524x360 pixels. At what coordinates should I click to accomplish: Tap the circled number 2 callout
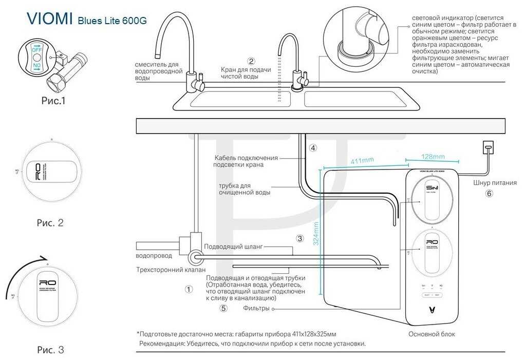click(x=251, y=61)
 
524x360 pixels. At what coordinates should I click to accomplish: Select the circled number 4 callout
click(x=313, y=148)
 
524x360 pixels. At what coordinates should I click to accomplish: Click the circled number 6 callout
click(x=489, y=194)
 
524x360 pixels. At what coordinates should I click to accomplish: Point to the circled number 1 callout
click(x=189, y=289)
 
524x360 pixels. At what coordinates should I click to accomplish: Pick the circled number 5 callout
click(x=223, y=309)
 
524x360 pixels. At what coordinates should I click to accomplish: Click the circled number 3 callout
click(x=300, y=238)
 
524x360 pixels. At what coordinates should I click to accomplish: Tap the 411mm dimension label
click(x=362, y=161)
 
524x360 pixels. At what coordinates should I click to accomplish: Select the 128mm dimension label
click(x=433, y=157)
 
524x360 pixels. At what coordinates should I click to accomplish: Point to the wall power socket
click(x=489, y=148)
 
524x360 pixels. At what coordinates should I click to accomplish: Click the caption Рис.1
click(x=53, y=101)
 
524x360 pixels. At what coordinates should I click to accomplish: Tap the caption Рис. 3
click(x=50, y=350)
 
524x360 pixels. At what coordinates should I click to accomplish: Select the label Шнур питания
click(x=495, y=182)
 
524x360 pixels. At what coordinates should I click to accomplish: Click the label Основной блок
click(x=432, y=334)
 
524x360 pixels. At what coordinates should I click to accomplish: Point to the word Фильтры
click(x=256, y=309)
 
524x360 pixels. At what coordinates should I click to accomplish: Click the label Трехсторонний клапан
click(x=171, y=269)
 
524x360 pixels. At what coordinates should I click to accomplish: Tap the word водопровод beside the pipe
click(x=153, y=256)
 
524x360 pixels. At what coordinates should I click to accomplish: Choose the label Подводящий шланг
click(x=233, y=247)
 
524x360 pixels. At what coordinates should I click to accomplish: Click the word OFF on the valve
click(x=37, y=50)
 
